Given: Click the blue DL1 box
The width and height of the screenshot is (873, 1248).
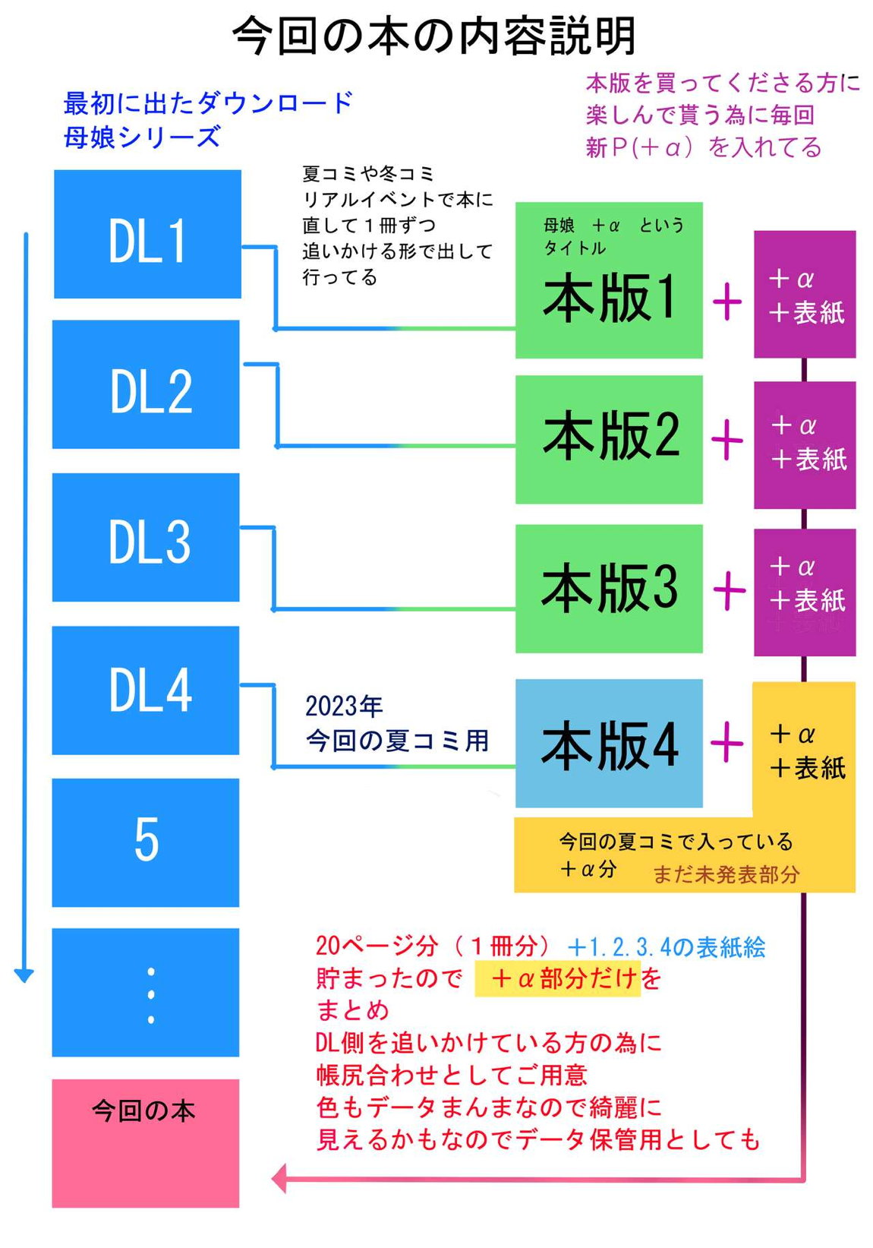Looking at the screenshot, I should click(147, 234).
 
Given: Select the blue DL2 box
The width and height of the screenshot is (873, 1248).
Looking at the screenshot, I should click(146, 384).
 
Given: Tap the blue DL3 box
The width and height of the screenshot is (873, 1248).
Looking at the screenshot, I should click(146, 537).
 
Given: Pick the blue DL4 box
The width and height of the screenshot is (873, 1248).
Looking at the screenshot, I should click(146, 690).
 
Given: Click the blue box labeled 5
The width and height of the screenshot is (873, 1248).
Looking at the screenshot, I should click(146, 842).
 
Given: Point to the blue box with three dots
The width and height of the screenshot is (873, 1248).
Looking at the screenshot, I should click(146, 992).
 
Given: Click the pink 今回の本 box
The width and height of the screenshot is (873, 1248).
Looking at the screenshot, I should click(146, 1143).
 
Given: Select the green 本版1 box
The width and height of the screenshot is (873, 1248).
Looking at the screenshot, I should click(609, 281).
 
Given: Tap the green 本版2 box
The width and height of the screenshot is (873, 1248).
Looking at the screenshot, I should click(609, 439).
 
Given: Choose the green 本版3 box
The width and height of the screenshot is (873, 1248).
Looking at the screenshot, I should click(609, 589).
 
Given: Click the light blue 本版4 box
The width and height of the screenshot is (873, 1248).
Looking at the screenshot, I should click(609, 744).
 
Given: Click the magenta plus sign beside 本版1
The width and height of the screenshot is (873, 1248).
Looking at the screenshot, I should click(727, 302).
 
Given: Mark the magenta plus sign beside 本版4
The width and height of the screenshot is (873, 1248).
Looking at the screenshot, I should click(727, 742).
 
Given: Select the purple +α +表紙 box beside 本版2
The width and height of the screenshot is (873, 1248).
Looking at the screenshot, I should click(805, 444).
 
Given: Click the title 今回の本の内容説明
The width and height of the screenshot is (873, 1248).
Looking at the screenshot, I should click(434, 36).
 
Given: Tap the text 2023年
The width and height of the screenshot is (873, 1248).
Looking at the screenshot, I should click(344, 706).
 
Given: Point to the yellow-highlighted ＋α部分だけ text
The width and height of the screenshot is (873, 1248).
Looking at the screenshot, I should click(557, 978).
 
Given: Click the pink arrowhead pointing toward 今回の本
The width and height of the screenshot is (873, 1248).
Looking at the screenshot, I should click(279, 1179).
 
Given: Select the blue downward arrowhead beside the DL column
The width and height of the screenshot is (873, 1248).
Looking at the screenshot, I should click(24, 975).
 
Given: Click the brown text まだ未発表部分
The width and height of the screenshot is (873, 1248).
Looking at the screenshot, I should click(726, 875).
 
